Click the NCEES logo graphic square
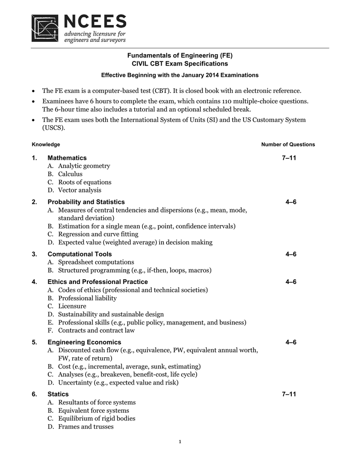[45, 28]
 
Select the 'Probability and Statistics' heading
[86, 202]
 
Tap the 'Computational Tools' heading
[80, 254]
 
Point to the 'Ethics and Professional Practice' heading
[97, 282]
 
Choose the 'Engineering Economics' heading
[84, 342]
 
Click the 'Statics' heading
[58, 394]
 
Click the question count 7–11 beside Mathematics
[289, 157]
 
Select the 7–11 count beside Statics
[289, 394]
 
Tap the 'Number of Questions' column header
[288, 144]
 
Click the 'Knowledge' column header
[46, 144]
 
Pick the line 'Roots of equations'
[85, 182]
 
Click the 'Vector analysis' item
[80, 190]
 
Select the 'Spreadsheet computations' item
[96, 262]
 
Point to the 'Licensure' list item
[72, 306]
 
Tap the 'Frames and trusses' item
[86, 427]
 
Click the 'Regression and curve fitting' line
[98, 234]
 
